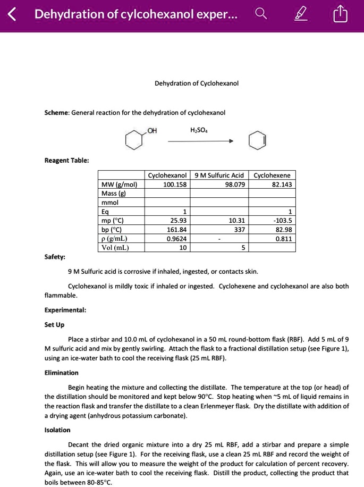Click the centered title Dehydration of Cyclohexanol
pyautogui.click(x=196, y=83)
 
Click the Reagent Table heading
pyautogui.click(x=66, y=160)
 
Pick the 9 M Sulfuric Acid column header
pyautogui.click(x=219, y=175)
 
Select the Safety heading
pyautogui.click(x=55, y=257)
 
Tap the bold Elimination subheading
pyautogui.click(x=62, y=373)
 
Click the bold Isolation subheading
pyautogui.click(x=57, y=430)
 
